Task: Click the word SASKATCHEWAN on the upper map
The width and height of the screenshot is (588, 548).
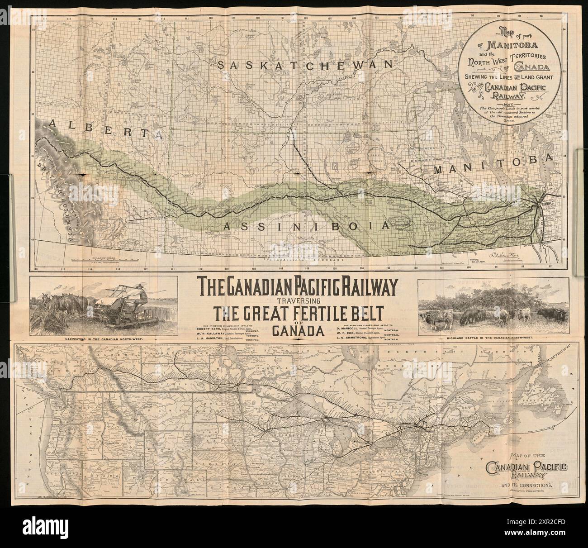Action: click(x=304, y=65)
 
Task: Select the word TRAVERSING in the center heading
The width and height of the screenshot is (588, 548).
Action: click(x=299, y=300)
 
